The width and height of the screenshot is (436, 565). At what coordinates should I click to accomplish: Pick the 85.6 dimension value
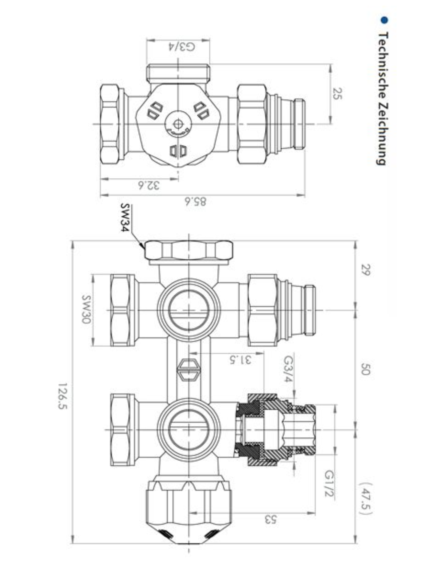pyautogui.click(x=196, y=201)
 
